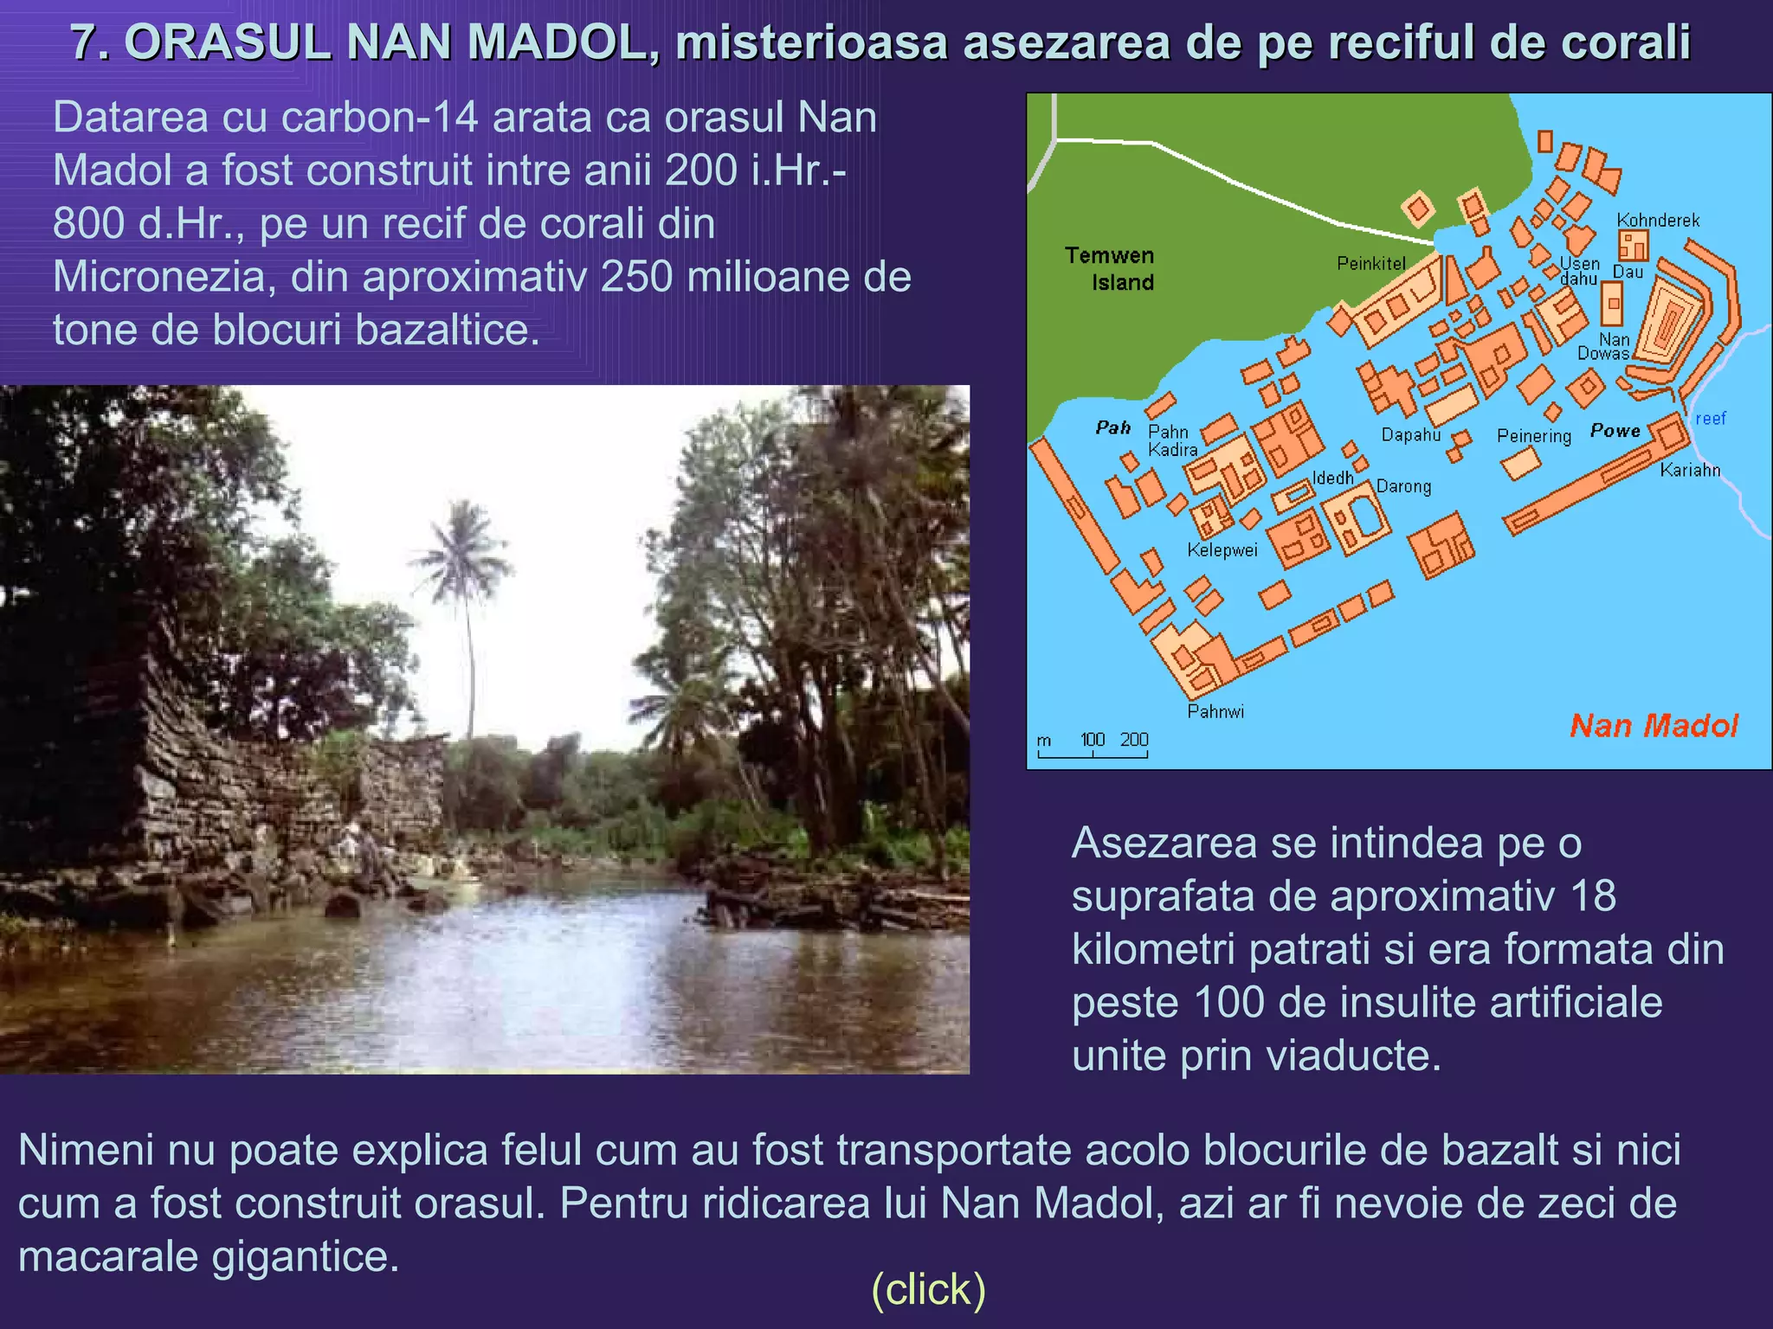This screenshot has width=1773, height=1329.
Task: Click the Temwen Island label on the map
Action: [1111, 268]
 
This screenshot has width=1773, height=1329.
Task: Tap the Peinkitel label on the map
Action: [1370, 263]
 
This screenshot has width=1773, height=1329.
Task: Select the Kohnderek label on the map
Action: [1658, 220]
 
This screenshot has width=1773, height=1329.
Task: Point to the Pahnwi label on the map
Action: [1215, 711]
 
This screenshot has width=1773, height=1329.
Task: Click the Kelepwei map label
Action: [1222, 549]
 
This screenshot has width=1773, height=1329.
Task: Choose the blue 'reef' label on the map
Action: [1710, 419]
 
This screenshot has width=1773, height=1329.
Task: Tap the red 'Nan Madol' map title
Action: [1653, 725]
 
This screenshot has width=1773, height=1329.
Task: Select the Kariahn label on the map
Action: [1690, 470]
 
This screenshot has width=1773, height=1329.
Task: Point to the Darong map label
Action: [1403, 486]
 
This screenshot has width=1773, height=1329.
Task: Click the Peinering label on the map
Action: [1533, 436]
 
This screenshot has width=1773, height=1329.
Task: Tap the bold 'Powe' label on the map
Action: [1615, 430]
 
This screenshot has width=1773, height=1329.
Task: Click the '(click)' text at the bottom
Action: [928, 1289]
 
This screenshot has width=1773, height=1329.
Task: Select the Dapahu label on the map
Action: [1410, 434]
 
